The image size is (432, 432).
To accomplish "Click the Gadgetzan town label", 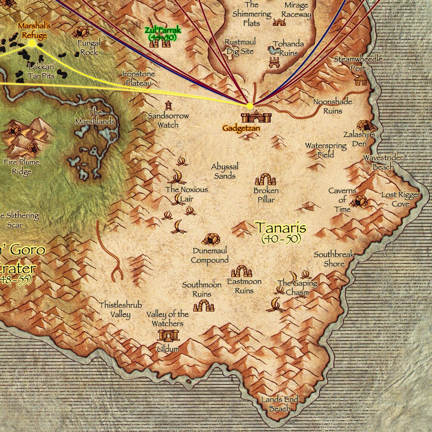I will (241, 128).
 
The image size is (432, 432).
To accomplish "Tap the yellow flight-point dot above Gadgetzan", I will (249, 106).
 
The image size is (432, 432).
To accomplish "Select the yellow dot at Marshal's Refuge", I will (32, 43).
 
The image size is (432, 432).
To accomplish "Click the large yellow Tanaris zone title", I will (280, 227).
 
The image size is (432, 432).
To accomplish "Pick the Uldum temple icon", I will (168, 335).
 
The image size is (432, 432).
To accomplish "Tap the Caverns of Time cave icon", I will (358, 200).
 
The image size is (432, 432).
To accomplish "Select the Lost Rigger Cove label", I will (401, 199).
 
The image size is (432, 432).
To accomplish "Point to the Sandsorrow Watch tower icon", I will (168, 105).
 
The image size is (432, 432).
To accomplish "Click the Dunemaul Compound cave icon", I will (210, 239).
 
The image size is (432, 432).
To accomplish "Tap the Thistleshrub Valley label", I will (121, 310).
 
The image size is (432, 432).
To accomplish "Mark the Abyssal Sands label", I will (225, 171).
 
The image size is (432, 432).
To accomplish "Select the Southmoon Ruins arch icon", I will (203, 305).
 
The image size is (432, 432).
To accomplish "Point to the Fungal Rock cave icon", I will (80, 31).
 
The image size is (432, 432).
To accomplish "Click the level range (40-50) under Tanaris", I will (281, 239).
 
